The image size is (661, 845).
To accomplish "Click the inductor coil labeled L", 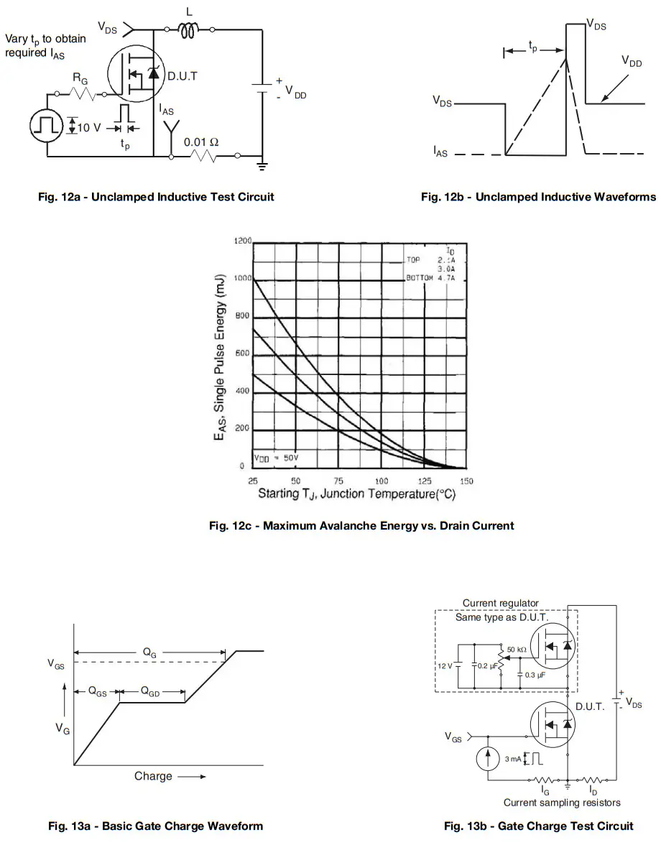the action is (x=190, y=30).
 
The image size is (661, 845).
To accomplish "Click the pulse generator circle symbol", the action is (x=47, y=125).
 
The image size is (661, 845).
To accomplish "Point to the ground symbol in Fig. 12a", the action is (x=262, y=166).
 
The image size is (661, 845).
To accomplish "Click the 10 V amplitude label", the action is (x=88, y=127).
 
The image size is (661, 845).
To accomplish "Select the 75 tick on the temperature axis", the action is (x=338, y=480).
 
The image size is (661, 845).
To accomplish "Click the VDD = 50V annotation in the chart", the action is (x=277, y=458).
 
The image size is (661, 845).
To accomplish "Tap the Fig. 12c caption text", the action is (x=361, y=525).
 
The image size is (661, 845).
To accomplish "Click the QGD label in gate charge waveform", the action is (x=150, y=692).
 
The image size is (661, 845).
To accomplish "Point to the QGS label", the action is (x=97, y=692).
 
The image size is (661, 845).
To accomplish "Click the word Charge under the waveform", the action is (x=153, y=776).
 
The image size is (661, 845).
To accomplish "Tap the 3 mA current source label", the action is (x=512, y=759).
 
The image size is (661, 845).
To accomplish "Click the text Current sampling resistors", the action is (x=562, y=802).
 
